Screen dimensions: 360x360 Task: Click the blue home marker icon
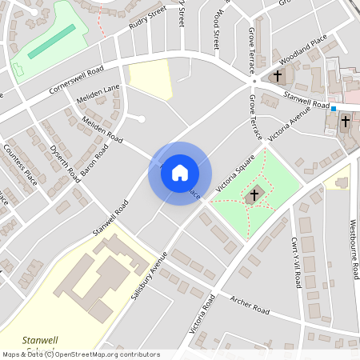click(x=180, y=173)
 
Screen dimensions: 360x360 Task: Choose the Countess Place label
click(x=21, y=162)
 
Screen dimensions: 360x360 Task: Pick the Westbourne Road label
click(x=353, y=249)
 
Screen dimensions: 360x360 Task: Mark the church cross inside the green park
click(x=254, y=194)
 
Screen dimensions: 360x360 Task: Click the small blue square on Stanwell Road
click(x=334, y=109)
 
